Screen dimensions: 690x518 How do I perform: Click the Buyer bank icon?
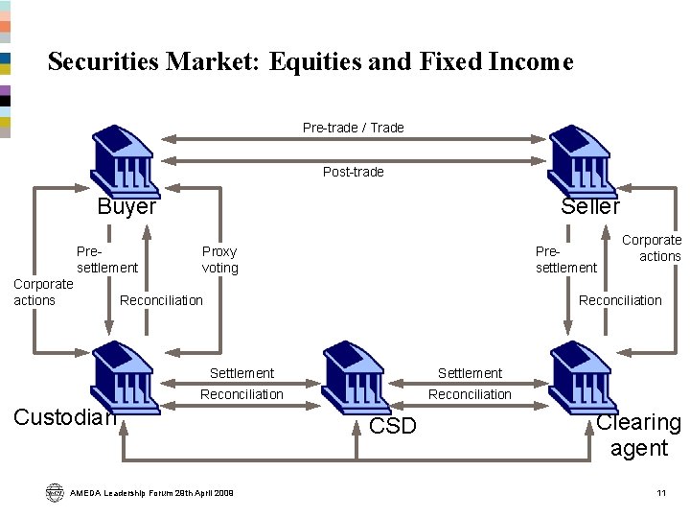[125, 159]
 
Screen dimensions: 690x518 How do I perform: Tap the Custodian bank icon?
[125, 377]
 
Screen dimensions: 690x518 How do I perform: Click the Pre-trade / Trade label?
[354, 128]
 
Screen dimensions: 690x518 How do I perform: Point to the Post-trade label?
[354, 172]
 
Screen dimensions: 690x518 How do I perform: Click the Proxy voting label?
[219, 260]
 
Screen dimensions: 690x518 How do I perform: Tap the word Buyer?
[126, 206]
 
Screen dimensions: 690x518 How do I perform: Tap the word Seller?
[590, 206]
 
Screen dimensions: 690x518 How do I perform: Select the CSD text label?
[393, 426]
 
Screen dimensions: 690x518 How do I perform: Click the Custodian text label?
[65, 416]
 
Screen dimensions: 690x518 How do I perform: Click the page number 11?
[660, 493]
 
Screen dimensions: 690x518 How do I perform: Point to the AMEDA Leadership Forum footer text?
[152, 493]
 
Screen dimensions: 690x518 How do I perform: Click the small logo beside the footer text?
[54, 492]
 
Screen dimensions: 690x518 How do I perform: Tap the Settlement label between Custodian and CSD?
[241, 373]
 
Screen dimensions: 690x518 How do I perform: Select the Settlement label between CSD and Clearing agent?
[470, 373]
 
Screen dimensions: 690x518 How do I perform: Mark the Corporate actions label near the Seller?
[652, 248]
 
